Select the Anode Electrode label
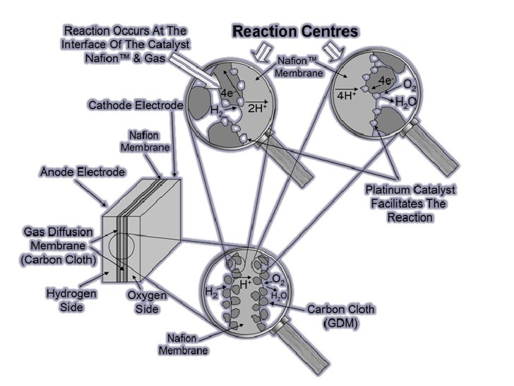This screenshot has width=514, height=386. pos(83,172)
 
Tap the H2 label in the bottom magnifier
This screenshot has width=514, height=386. pos(212,291)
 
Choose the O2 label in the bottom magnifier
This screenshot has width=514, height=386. pos(280,279)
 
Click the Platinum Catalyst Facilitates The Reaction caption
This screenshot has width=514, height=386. pos(410,204)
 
